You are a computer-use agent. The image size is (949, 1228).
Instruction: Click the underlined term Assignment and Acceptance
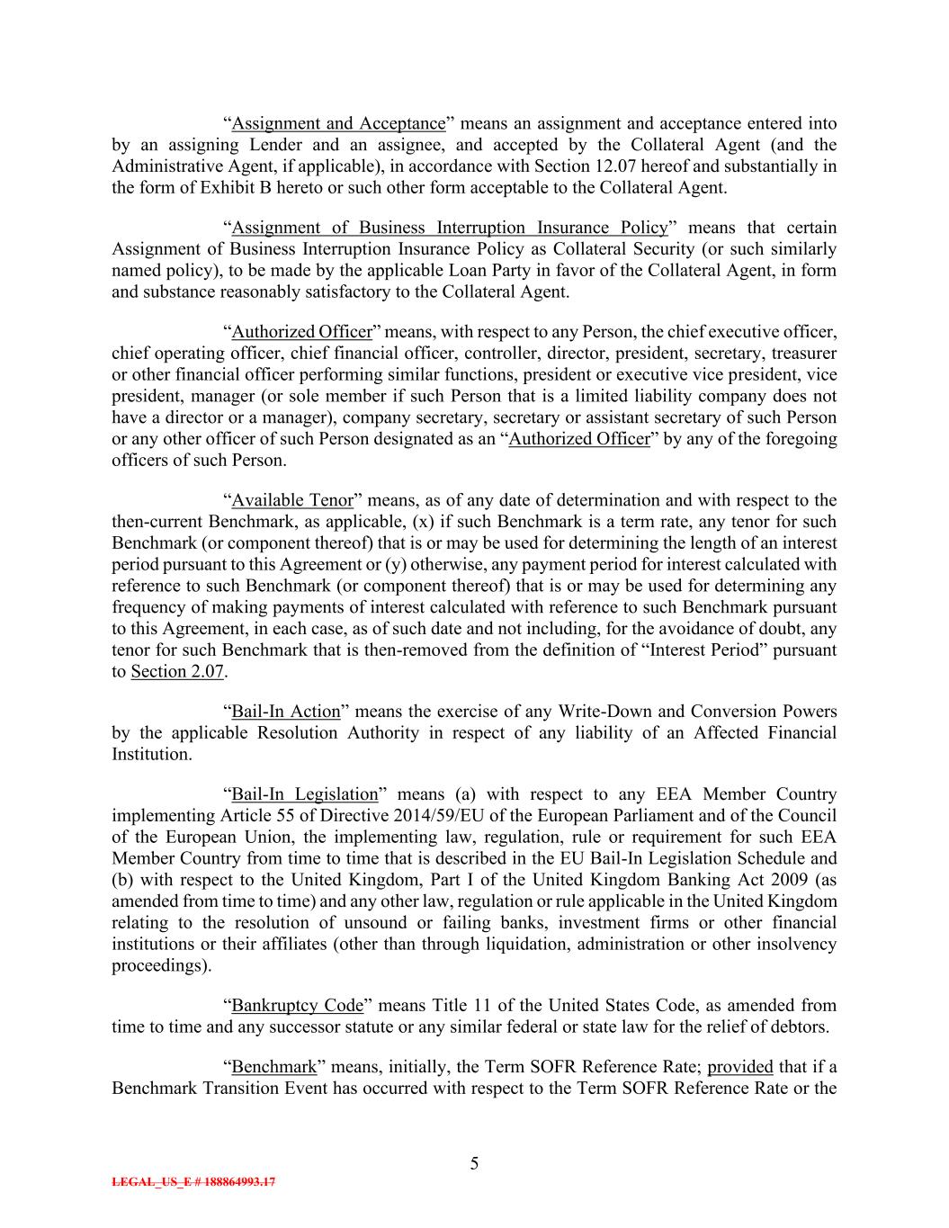click(338, 123)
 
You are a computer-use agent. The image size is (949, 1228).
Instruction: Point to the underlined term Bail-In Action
click(286, 712)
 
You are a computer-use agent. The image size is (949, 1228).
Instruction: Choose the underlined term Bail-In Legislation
click(305, 794)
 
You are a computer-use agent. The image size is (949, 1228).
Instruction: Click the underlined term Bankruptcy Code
click(298, 1005)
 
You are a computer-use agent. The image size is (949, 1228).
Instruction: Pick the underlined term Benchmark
click(274, 1067)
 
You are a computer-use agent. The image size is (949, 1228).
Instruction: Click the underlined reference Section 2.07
click(176, 671)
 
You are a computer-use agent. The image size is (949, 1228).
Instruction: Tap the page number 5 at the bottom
click(474, 1164)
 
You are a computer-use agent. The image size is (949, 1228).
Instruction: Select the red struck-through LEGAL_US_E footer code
click(193, 1182)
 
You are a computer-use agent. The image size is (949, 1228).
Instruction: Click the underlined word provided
click(740, 1067)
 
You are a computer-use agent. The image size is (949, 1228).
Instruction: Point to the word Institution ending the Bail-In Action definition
click(151, 755)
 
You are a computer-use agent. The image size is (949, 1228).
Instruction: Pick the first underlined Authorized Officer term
click(301, 332)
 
